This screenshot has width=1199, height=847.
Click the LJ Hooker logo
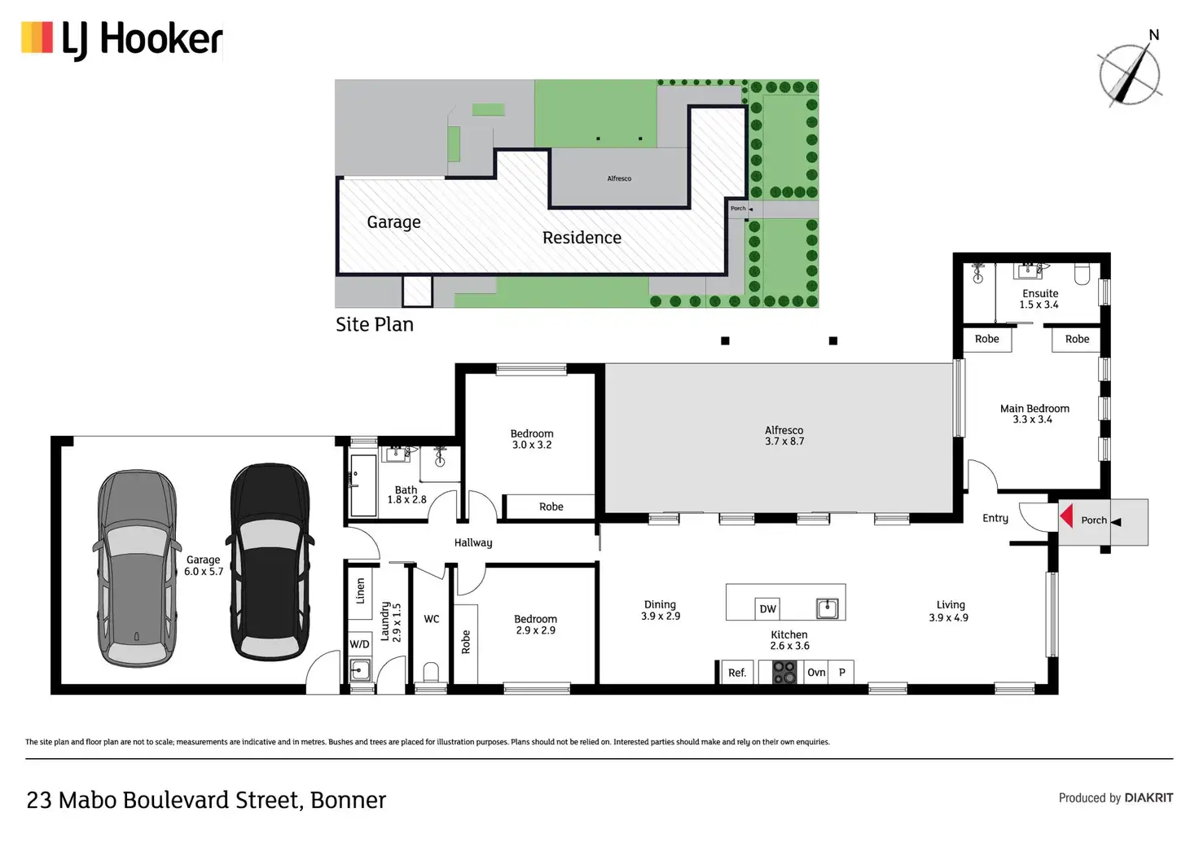[122, 39]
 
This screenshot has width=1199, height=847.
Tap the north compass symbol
[1130, 74]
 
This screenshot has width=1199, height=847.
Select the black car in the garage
[270, 561]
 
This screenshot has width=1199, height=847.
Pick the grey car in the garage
[137, 568]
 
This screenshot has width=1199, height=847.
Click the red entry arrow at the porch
[1066, 516]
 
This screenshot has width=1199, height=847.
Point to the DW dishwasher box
[767, 608]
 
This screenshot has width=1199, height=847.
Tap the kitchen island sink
[827, 608]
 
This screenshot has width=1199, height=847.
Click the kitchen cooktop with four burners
[784, 672]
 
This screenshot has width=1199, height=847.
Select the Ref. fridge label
[737, 673]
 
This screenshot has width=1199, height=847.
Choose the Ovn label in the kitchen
[816, 672]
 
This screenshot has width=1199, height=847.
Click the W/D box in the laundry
[359, 644]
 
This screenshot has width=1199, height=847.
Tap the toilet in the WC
[431, 673]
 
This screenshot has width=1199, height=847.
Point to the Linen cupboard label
[361, 590]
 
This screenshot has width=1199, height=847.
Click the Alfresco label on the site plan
[619, 178]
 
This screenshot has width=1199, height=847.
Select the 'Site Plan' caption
[375, 324]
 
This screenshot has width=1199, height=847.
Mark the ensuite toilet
[1082, 274]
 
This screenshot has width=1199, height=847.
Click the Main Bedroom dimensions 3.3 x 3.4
[1033, 419]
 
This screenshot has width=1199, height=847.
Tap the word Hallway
[473, 542]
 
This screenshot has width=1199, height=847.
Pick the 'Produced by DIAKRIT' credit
[1115, 798]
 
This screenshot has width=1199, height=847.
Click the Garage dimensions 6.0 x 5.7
[204, 572]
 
